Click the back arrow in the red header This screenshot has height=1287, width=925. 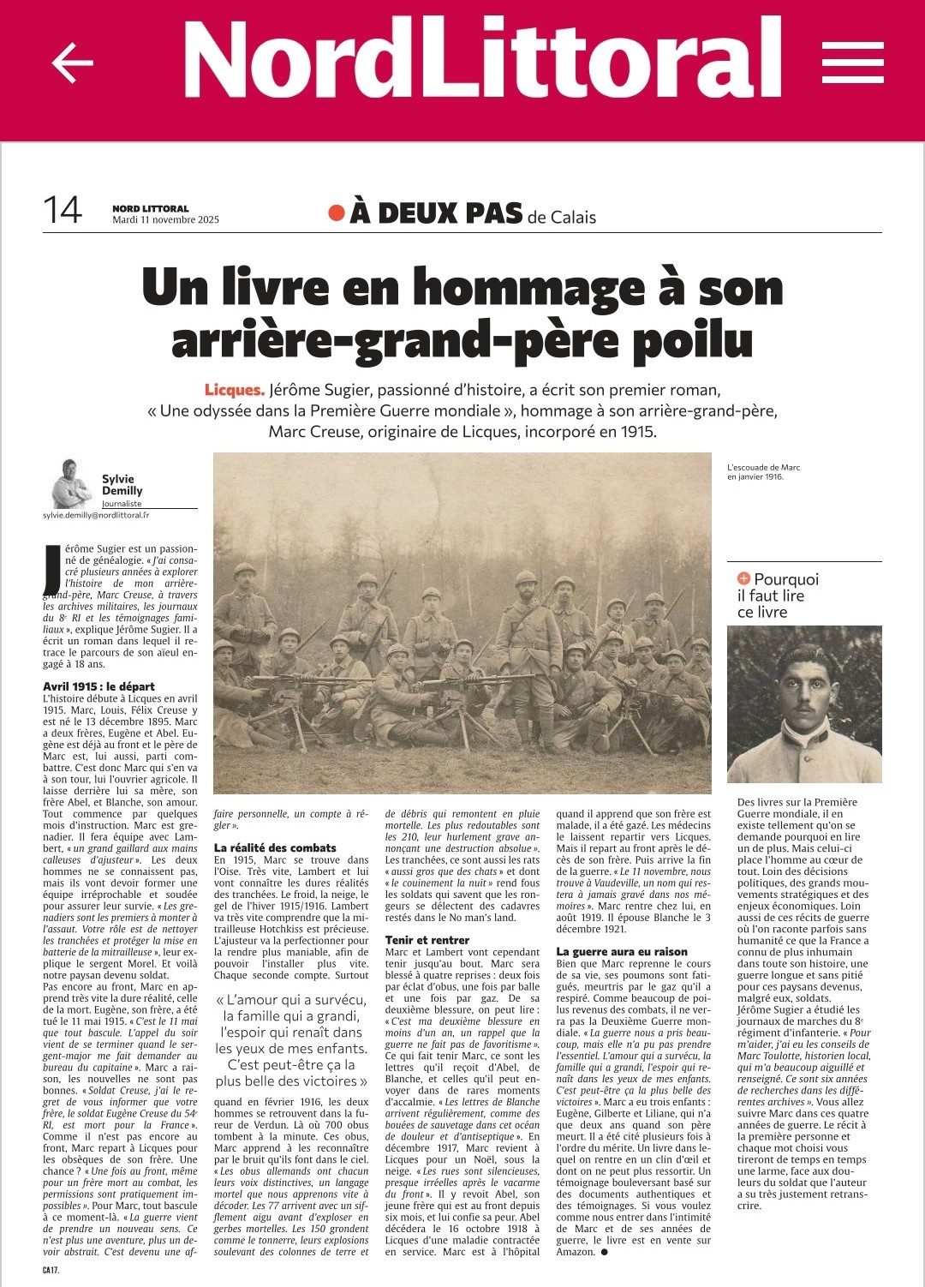point(72,63)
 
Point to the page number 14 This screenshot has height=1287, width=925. point(63,209)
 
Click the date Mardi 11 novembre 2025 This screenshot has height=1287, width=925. point(165,219)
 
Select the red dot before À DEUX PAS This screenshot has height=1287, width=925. point(337,213)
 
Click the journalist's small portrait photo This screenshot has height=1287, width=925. point(71,483)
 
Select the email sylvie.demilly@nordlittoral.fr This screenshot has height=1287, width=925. point(96,515)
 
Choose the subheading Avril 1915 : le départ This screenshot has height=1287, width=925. point(99,686)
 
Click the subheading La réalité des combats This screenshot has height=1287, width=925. point(275,847)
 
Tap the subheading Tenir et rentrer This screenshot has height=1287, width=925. point(427,940)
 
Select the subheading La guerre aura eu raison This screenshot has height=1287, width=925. point(622,951)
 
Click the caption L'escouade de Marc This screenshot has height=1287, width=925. point(763,467)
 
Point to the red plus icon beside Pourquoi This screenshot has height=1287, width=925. point(743,579)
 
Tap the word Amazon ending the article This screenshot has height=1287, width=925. point(576,1252)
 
